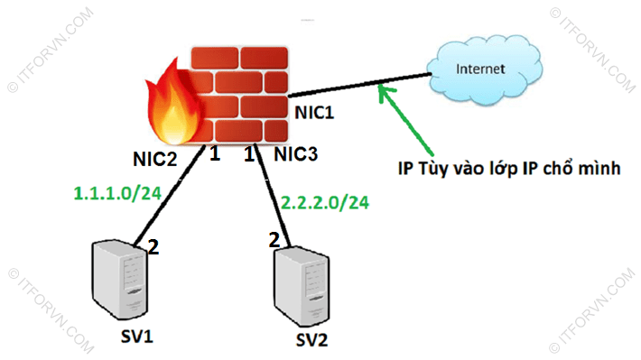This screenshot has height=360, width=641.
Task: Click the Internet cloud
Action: pyautogui.click(x=479, y=69)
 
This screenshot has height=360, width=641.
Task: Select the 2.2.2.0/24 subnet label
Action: pyautogui.click(x=325, y=202)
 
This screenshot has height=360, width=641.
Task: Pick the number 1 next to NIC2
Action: pyautogui.click(x=215, y=155)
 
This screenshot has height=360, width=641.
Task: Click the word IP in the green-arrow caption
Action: pyautogui.click(x=407, y=169)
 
